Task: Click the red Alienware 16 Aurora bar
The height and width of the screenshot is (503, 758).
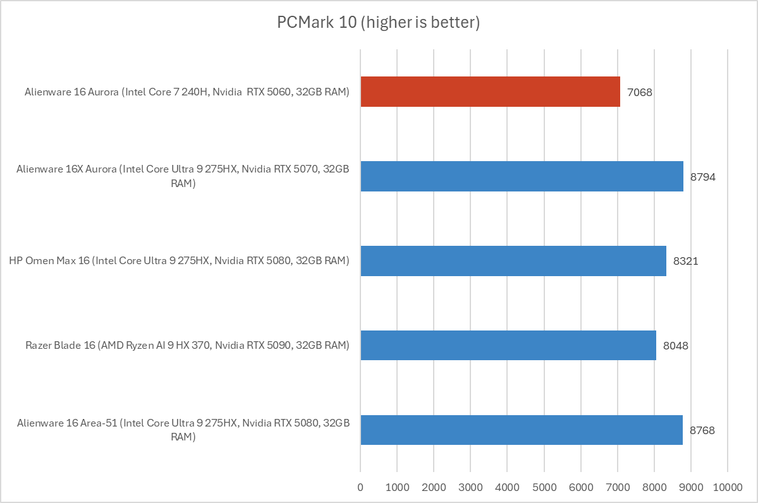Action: (x=490, y=92)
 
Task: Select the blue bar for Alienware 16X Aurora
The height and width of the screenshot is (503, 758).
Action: (x=522, y=176)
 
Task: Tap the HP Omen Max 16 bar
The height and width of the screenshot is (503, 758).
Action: (x=513, y=261)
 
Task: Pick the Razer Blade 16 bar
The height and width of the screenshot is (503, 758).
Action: (x=508, y=346)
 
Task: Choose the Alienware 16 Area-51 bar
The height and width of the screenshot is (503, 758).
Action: (x=521, y=430)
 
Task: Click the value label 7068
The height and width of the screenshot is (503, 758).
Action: (x=640, y=92)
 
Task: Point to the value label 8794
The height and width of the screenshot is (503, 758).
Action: (x=703, y=177)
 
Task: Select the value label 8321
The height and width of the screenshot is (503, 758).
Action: (x=686, y=262)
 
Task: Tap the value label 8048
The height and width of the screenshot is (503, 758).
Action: (x=676, y=346)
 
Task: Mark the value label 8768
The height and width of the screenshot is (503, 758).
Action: (x=702, y=431)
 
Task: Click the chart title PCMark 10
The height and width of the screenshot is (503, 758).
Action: (x=379, y=23)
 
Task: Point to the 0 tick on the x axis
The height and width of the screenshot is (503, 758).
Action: (x=360, y=487)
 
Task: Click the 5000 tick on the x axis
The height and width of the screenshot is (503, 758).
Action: (x=544, y=487)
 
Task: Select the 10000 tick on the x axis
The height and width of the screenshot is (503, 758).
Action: (x=727, y=487)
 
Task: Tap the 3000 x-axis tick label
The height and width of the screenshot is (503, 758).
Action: (x=470, y=487)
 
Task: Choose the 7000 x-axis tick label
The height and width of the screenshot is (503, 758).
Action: (x=617, y=487)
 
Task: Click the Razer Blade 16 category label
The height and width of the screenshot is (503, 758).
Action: (x=187, y=346)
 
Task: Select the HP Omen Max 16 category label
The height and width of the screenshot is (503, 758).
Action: (x=179, y=261)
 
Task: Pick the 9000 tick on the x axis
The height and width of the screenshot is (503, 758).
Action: (x=690, y=487)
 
